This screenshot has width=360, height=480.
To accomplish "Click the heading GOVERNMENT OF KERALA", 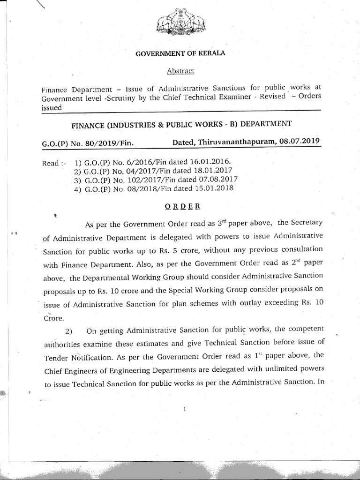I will coord(180,53).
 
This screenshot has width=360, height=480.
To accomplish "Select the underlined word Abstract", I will coord(180,71).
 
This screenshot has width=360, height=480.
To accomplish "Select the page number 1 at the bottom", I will coord(186,409).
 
